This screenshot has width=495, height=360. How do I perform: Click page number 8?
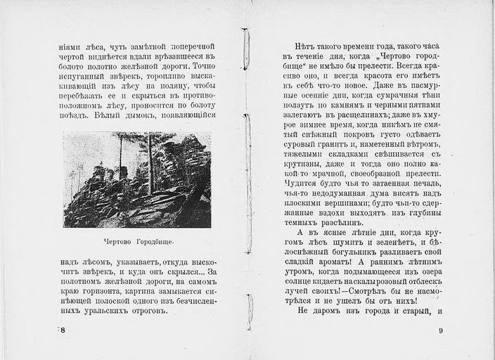(x=63, y=329)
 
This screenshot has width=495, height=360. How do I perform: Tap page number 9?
(x=440, y=330)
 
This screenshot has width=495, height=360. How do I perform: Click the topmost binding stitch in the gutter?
(x=246, y=49)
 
